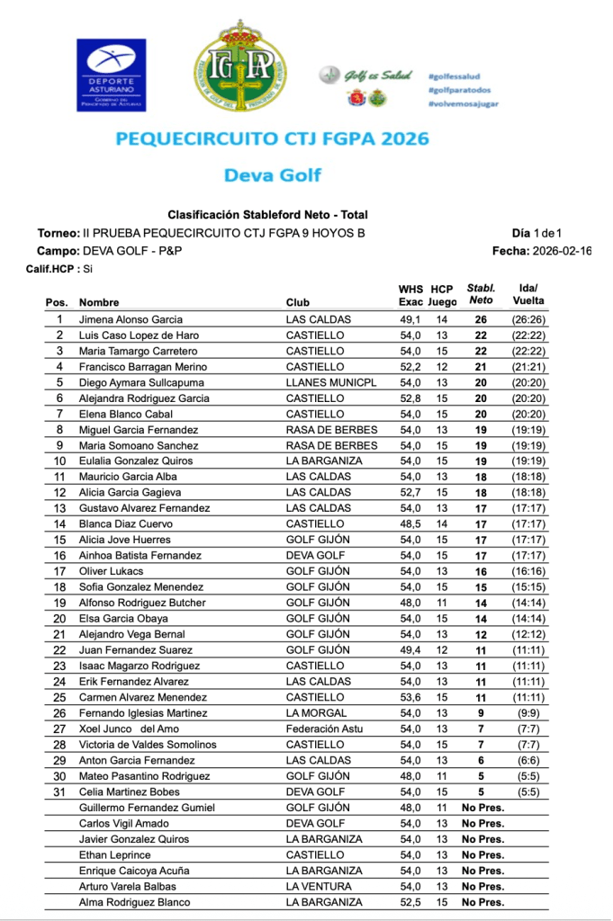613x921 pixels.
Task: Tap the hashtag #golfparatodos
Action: click(460, 90)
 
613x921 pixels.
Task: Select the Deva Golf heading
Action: click(272, 174)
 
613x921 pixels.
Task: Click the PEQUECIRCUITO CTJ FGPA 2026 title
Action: click(273, 139)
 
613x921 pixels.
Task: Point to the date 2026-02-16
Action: click(562, 251)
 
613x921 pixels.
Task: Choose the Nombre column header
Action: click(99, 303)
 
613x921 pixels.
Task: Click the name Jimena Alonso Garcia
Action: click(131, 319)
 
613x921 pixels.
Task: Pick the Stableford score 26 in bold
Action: click(482, 319)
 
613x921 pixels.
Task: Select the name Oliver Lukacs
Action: click(112, 571)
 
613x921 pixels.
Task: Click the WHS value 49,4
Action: click(410, 650)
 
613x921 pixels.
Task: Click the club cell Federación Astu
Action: click(325, 729)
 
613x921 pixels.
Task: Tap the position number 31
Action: click(59, 792)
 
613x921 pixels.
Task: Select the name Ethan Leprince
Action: click(114, 855)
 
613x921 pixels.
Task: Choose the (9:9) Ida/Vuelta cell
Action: click(529, 713)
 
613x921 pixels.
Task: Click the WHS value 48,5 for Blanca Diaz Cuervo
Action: click(410, 524)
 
